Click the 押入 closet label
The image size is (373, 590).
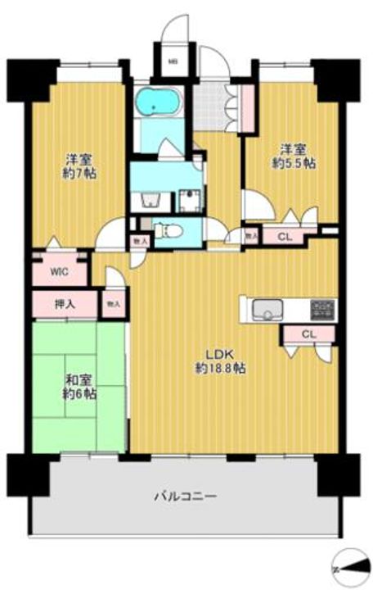(x=65, y=304)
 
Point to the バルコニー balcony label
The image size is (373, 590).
(x=185, y=496)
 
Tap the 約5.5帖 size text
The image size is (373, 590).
(x=294, y=163)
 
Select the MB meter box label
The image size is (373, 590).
(x=173, y=60)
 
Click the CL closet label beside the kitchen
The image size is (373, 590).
(x=307, y=334)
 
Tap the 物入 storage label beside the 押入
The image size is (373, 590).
(x=113, y=304)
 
